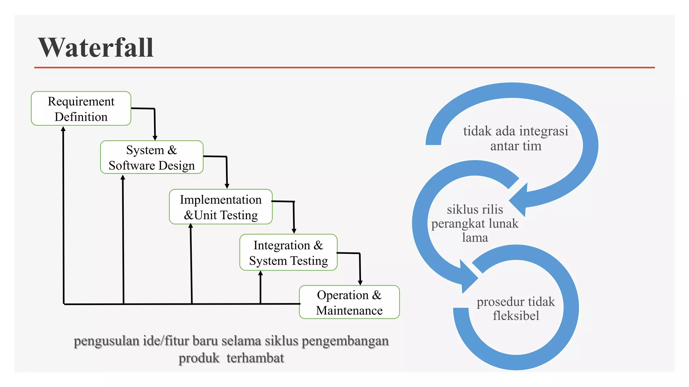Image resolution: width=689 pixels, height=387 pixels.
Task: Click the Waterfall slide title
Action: pos(96,47)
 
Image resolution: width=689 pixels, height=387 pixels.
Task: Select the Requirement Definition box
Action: pos(81,109)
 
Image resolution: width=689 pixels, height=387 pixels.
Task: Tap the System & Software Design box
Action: pos(152,157)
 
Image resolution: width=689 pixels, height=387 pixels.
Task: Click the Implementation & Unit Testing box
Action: pos(221,207)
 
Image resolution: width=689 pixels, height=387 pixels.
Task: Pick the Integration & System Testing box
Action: pos(288,253)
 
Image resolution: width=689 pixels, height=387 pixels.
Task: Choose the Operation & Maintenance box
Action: pos(349,302)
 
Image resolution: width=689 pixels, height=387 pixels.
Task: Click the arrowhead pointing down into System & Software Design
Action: pos(155,138)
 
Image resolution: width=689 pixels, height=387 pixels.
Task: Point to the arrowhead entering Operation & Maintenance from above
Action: pos(360,283)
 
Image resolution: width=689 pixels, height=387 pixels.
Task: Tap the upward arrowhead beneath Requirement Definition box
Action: pos(63,129)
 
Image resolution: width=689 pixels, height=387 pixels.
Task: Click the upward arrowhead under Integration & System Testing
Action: pos(260,273)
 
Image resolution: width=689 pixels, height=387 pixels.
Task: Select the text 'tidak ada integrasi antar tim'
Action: pos(515,138)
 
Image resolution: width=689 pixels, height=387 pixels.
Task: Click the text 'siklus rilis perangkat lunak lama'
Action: pos(475,223)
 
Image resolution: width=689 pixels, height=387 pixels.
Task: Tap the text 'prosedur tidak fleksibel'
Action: pos(515,308)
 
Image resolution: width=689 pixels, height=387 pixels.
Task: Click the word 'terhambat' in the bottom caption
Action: pos(255,358)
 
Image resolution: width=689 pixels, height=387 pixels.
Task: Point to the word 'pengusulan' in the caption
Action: pos(106,341)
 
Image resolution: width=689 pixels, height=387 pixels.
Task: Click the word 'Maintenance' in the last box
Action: pos(349,310)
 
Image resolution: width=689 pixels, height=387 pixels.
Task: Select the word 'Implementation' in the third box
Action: pos(221,200)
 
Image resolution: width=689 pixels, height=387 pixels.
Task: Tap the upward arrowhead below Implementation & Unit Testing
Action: pos(191,226)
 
